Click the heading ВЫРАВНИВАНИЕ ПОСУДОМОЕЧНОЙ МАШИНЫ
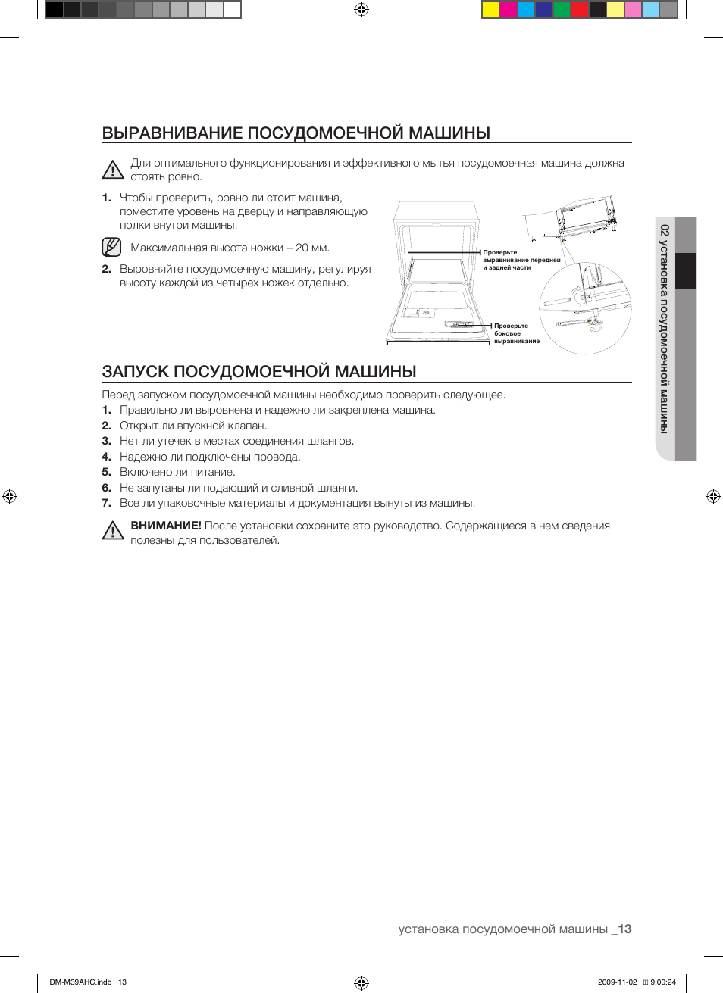point(296,133)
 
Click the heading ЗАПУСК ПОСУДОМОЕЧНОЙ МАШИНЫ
point(259,372)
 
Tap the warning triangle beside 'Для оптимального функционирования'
point(113,170)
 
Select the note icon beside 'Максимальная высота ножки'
point(111,247)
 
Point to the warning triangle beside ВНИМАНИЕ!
point(113,531)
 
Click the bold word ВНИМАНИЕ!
point(166,526)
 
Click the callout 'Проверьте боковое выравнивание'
point(516,333)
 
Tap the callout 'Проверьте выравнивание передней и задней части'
point(521,260)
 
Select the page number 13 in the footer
point(624,929)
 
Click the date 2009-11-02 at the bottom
point(617,982)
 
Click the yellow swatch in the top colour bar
point(490,10)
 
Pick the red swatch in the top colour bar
point(579,10)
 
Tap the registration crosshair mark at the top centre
point(361,10)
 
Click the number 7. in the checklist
point(107,503)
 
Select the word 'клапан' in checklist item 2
point(249,426)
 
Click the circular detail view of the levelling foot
point(585,308)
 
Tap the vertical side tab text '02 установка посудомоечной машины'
point(665,329)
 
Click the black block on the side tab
point(686,271)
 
